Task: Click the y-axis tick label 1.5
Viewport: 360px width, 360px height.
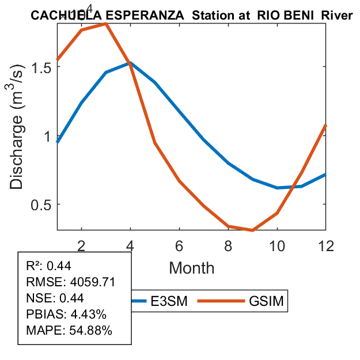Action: tap(39, 67)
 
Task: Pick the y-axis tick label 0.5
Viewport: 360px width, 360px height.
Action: tap(39, 204)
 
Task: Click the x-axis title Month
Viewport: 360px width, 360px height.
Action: tap(192, 267)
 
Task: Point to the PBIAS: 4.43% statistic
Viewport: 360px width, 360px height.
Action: tap(66, 314)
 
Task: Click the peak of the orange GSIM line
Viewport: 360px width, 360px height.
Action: tap(106, 24)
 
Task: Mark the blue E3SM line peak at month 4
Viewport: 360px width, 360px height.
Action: tap(130, 63)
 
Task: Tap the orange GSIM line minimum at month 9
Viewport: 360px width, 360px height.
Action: tap(252, 230)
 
